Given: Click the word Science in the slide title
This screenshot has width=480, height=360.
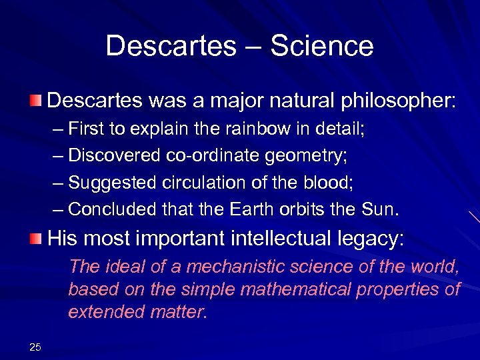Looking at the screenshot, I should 323,47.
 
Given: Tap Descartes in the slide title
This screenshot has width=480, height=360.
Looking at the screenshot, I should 171,47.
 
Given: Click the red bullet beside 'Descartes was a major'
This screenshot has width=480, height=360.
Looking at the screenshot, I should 35,101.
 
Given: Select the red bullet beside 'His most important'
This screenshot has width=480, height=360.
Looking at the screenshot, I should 35,238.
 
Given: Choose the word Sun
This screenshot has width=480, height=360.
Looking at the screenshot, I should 380,210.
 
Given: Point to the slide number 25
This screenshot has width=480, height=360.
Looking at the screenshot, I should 35,346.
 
